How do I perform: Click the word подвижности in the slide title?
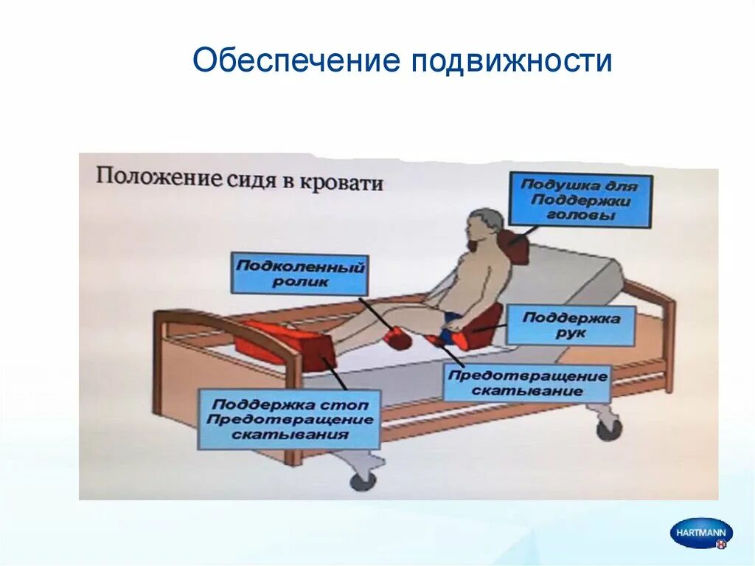pyautogui.click(x=512, y=61)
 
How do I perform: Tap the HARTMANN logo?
pyautogui.click(x=701, y=532)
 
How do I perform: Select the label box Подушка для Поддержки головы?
pyautogui.click(x=581, y=200)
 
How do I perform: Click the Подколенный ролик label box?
pyautogui.click(x=299, y=274)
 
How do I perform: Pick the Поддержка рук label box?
pyautogui.click(x=571, y=325)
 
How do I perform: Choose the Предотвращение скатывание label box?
pyautogui.click(x=527, y=383)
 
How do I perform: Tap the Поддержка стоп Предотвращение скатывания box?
pyautogui.click(x=290, y=419)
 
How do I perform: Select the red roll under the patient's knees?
pyautogui.click(x=397, y=338)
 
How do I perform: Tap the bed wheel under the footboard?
pyautogui.click(x=363, y=480)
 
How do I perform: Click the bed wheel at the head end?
pyautogui.click(x=609, y=429)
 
